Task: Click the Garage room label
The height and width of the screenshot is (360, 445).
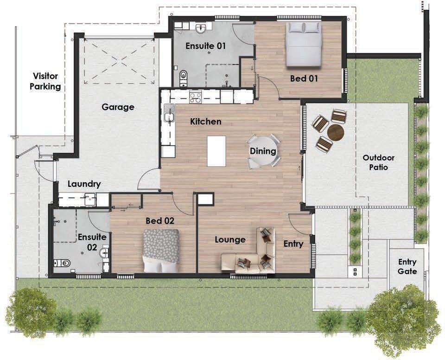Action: [118, 107]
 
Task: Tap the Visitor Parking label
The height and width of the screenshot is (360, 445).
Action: [45, 81]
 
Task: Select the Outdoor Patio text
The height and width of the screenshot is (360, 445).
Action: [379, 162]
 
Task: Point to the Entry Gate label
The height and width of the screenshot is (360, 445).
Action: [407, 267]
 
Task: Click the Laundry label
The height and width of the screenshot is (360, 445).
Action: [84, 184]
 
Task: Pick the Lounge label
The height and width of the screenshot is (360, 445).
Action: [230, 240]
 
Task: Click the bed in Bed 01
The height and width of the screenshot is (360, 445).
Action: [303, 44]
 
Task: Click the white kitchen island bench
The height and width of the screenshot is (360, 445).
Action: [216, 151]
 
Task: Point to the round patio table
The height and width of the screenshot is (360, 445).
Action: [336, 132]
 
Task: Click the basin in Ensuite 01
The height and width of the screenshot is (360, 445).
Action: [202, 29]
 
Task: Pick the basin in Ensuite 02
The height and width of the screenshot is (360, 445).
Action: [104, 253]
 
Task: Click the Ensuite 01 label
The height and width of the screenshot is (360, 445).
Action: [205, 46]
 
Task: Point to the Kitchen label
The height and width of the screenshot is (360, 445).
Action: [205, 122]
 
